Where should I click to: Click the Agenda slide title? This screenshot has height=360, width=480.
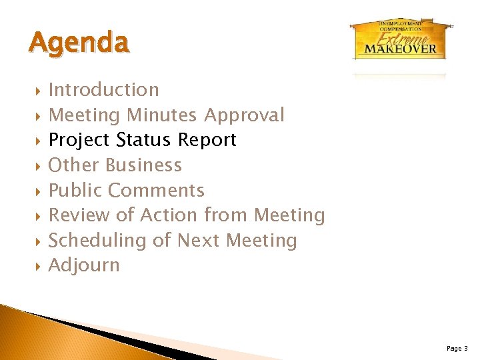[x=79, y=43]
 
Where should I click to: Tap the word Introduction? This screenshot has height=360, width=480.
[x=104, y=89]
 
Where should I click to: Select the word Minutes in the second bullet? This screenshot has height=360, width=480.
[x=162, y=115]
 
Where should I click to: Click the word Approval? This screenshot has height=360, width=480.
[x=244, y=115]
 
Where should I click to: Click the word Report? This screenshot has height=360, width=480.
[x=207, y=140]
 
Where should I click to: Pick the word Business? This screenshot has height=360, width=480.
[x=143, y=165]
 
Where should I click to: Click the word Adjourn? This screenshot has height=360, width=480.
[x=85, y=265]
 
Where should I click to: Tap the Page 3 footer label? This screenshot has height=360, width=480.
[x=457, y=348]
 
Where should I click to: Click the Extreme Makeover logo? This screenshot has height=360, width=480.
[x=401, y=39]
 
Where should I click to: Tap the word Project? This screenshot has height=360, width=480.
[x=80, y=141]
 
